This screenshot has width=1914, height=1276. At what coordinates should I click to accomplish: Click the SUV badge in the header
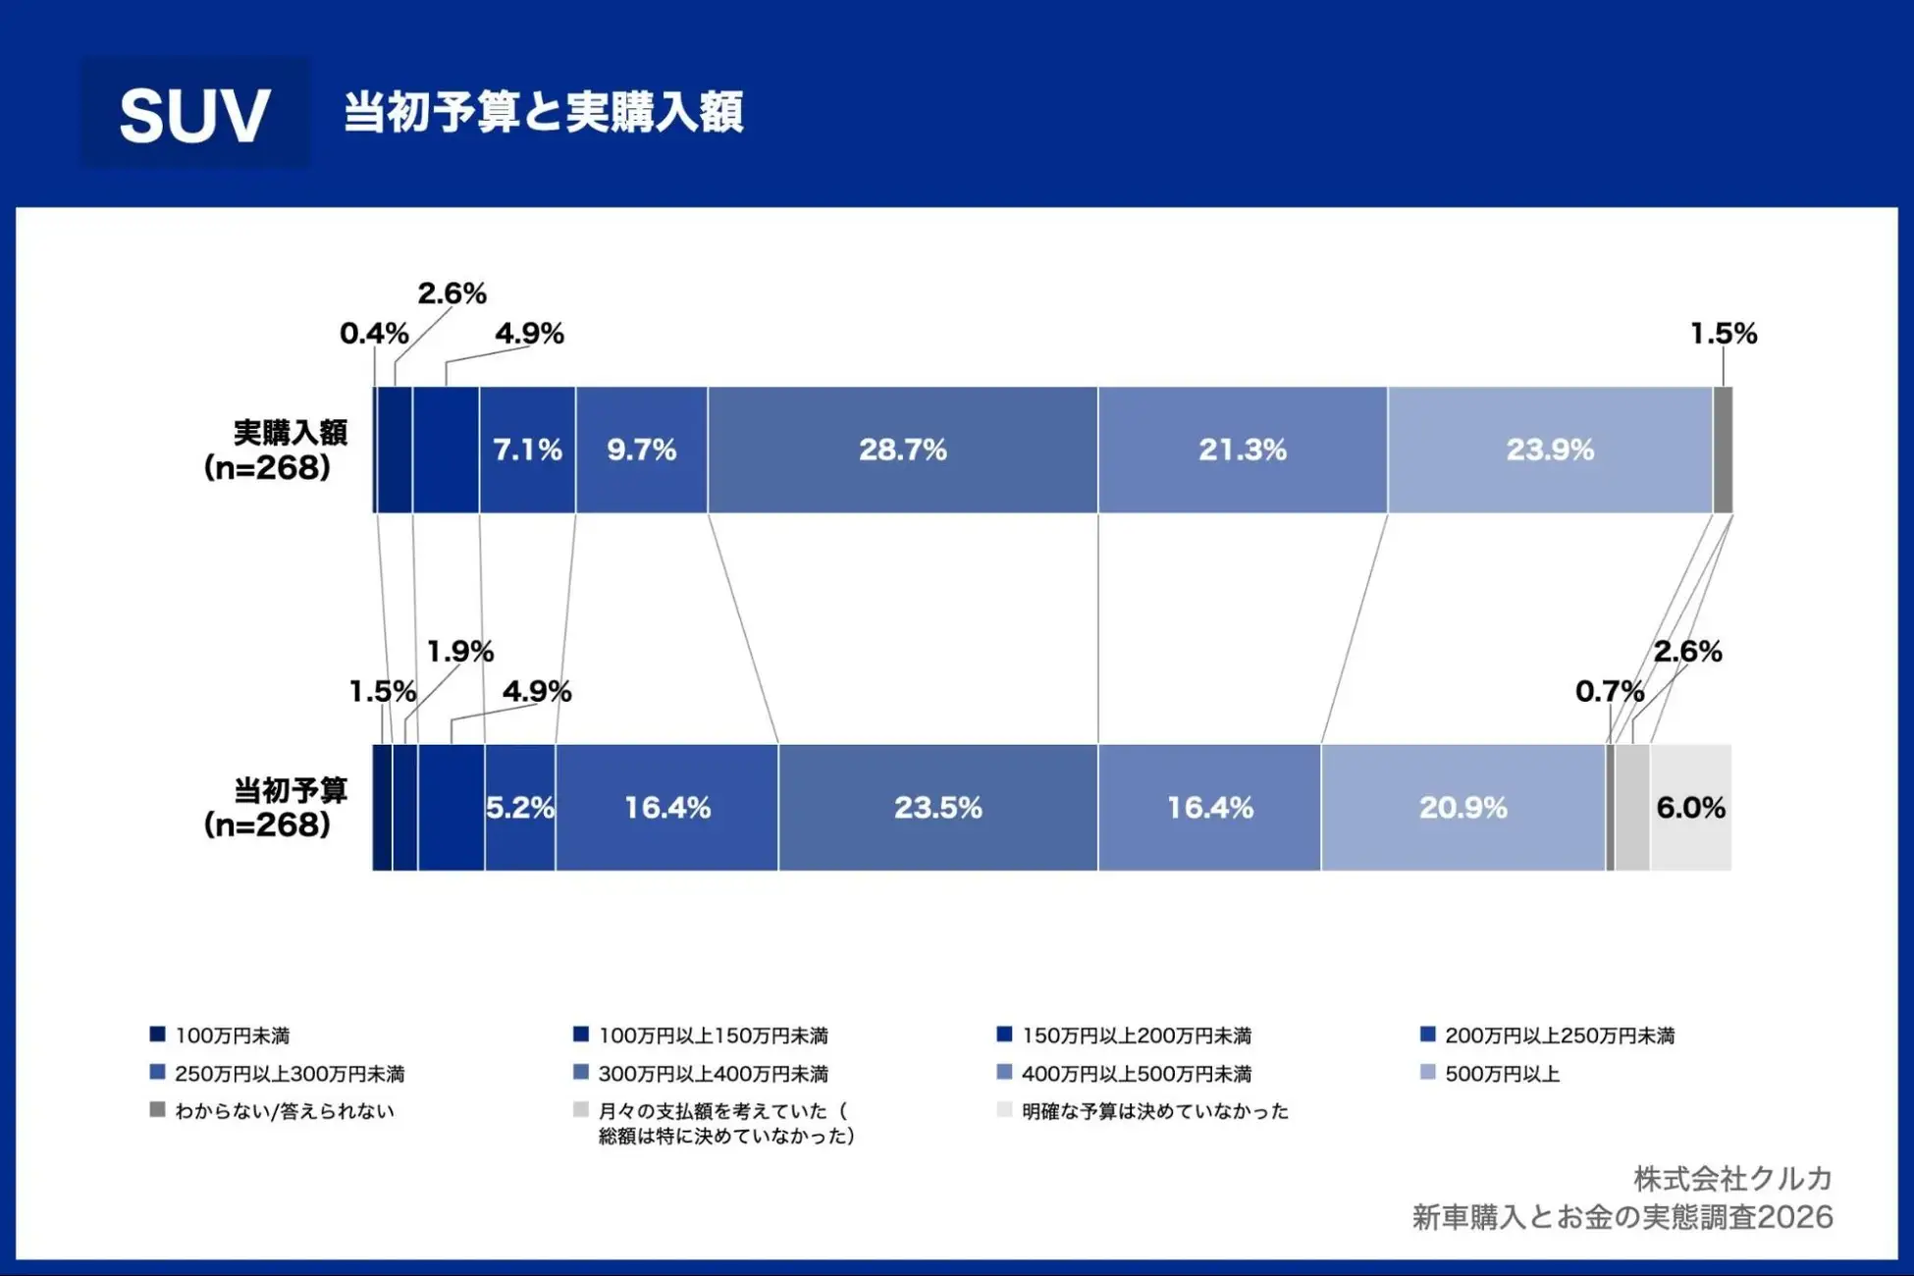(x=193, y=114)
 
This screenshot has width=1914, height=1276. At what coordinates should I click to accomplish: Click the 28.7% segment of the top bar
(x=902, y=450)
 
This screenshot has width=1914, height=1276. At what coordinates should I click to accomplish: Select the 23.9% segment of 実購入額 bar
(x=1549, y=450)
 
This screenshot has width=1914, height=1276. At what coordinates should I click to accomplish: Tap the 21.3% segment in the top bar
(x=1242, y=450)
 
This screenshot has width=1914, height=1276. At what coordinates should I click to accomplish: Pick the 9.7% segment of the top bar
(x=641, y=450)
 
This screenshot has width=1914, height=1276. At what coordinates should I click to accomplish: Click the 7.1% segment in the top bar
(x=527, y=450)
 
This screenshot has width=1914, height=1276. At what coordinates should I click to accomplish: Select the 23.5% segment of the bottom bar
(x=937, y=807)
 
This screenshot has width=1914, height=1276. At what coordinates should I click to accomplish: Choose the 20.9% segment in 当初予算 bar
(x=1462, y=807)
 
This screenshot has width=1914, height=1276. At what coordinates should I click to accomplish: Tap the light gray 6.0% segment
(x=1690, y=807)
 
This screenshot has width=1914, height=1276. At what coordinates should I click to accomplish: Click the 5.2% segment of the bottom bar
(x=520, y=807)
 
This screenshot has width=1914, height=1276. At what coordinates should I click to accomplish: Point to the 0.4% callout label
(x=374, y=334)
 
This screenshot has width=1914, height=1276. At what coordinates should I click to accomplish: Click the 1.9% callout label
(x=459, y=651)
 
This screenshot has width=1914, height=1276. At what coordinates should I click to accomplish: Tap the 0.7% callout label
(x=1609, y=691)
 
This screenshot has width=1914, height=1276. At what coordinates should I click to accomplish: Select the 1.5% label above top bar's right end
(x=1723, y=334)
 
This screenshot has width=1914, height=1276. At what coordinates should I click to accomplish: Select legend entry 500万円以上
(x=1502, y=1074)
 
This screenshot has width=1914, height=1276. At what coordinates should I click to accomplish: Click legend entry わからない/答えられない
(x=284, y=1111)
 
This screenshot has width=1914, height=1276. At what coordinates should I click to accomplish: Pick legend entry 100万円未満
(x=232, y=1036)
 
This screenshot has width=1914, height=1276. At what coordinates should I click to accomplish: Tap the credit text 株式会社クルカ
(x=1732, y=1178)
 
